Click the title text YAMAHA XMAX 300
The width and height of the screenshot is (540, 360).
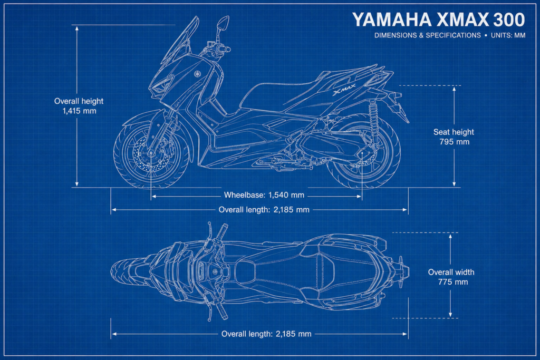[x=438, y=20]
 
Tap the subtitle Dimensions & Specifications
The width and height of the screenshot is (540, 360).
[x=427, y=35]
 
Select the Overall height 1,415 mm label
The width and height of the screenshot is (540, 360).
[x=79, y=106]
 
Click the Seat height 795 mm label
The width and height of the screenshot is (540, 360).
[x=454, y=137]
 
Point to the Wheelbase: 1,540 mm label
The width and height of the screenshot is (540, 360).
[x=264, y=195]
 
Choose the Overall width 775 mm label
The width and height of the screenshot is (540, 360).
[x=451, y=277]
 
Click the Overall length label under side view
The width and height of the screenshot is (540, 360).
[x=264, y=210]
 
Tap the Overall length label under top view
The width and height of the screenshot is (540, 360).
[x=266, y=334]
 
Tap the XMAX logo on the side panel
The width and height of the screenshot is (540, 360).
[x=344, y=89]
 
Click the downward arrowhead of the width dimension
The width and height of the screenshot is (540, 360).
[x=450, y=314]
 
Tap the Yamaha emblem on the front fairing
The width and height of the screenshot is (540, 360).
[x=198, y=74]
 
